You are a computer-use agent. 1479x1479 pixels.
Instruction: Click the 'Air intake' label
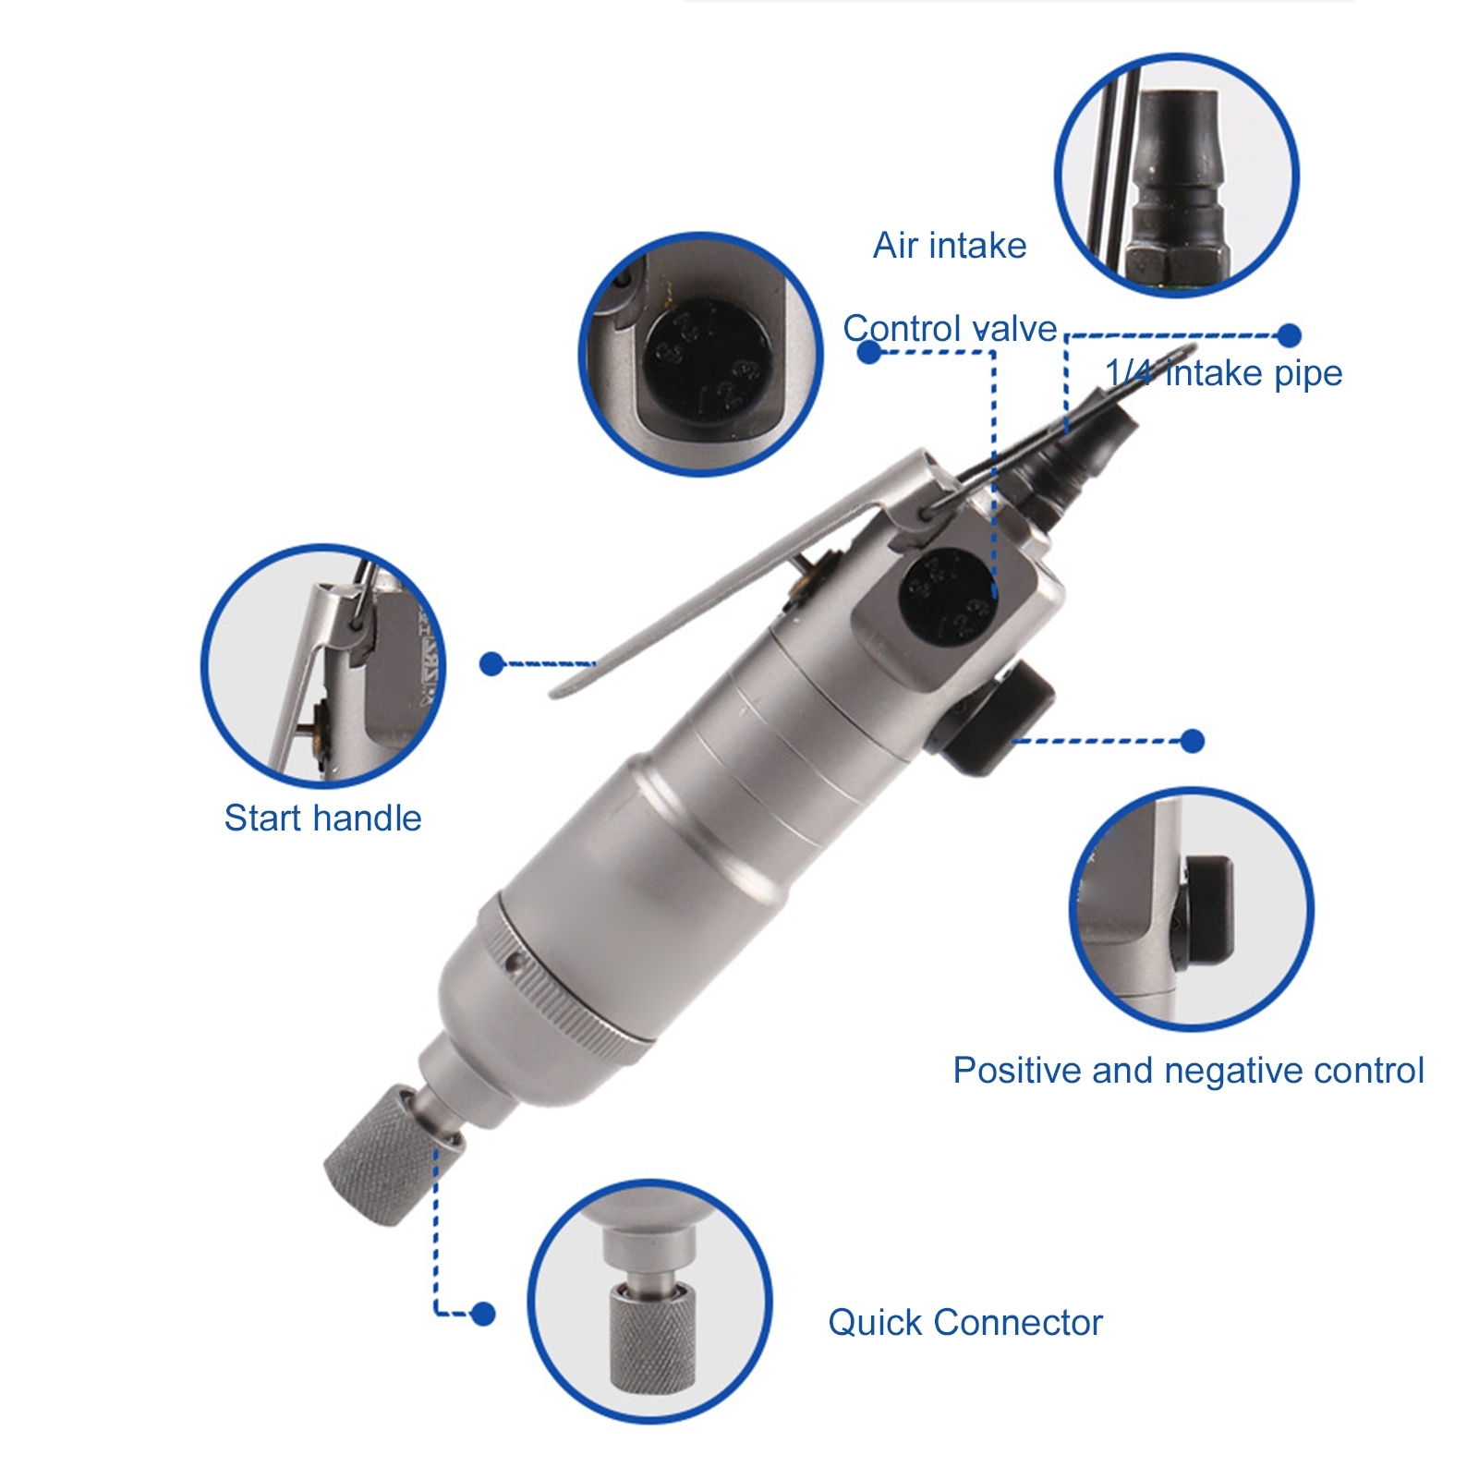[950, 246]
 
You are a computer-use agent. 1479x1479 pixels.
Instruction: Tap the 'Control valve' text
[950, 329]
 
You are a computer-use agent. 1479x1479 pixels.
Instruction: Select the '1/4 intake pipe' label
[1224, 373]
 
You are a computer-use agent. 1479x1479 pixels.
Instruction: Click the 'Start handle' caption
[322, 818]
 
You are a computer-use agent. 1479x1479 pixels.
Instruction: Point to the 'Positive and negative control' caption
[1188, 1071]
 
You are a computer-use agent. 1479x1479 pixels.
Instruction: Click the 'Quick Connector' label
[965, 1323]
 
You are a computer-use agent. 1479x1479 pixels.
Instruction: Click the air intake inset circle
[1177, 176]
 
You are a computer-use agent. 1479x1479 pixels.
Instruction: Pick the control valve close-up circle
[701, 354]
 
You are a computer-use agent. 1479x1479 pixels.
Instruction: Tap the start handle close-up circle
[323, 666]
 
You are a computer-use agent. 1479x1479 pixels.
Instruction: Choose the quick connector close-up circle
[650, 1302]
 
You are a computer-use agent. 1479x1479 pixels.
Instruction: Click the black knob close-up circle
[1192, 909]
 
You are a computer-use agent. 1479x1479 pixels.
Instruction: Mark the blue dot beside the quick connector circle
[482, 1313]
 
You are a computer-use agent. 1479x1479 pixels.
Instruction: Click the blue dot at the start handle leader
[492, 663]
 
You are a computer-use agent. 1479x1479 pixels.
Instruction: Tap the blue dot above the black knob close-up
[1193, 740]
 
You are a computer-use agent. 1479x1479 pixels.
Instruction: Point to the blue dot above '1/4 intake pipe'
[1289, 335]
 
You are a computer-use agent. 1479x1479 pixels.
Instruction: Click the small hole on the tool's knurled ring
[513, 963]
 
